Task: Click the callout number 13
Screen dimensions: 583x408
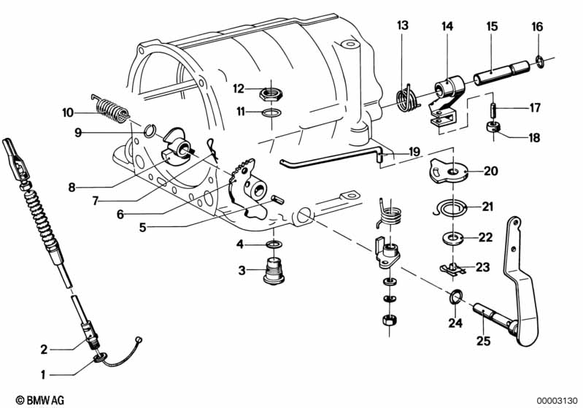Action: (x=403, y=26)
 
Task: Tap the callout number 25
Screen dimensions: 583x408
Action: (x=483, y=341)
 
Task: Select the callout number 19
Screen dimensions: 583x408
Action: (x=414, y=152)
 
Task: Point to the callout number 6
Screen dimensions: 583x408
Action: (x=120, y=215)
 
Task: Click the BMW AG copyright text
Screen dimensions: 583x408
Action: (x=40, y=400)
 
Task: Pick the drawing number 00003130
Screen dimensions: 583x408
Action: (x=557, y=401)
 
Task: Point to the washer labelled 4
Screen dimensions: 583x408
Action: (x=274, y=245)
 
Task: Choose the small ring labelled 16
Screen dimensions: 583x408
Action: (x=538, y=61)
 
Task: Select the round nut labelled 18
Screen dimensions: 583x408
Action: (x=493, y=127)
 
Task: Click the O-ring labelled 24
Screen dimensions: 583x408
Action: (x=455, y=297)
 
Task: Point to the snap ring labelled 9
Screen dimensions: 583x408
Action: (x=148, y=130)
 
